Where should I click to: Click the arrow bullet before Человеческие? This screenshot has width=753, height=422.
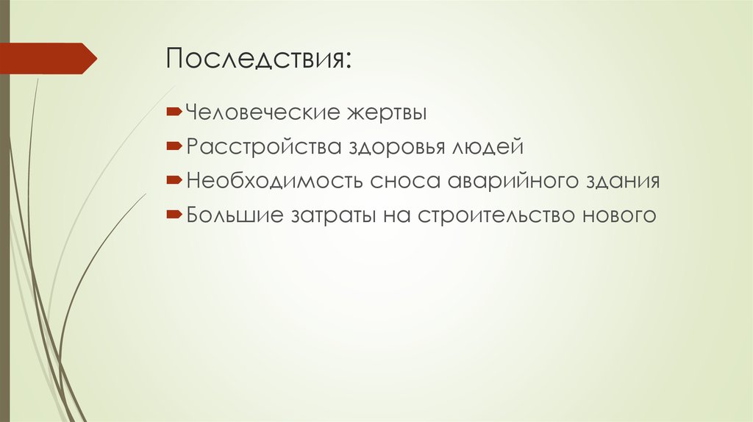point(174,113)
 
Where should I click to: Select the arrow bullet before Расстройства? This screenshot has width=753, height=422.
point(174,147)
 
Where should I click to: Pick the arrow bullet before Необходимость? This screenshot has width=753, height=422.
point(174,181)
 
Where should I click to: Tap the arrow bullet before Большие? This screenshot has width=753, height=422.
point(174,215)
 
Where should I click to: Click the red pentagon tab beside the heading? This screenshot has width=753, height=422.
point(48,58)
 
